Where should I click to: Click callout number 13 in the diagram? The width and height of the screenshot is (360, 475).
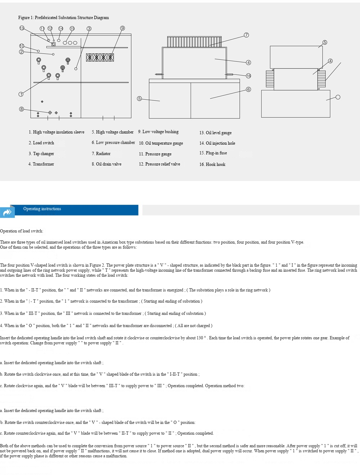pyautogui.click(x=22, y=28)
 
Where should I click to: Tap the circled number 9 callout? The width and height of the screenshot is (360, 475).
pyautogui.click(x=122, y=28)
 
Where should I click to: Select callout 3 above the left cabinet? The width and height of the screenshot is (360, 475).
pyautogui.click(x=89, y=28)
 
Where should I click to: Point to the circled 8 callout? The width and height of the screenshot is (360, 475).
pyautogui.click(x=22, y=109)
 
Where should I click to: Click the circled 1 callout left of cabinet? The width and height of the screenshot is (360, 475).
pyautogui.click(x=21, y=94)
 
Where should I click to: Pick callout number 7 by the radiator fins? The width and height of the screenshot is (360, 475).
pyautogui.click(x=246, y=35)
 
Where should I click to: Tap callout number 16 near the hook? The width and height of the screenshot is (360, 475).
pyautogui.click(x=248, y=76)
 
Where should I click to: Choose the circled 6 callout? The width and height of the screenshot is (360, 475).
pyautogui.click(x=248, y=89)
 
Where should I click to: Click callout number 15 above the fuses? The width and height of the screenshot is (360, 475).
pyautogui.click(x=72, y=28)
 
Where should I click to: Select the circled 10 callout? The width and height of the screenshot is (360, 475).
pyautogui.click(x=22, y=46)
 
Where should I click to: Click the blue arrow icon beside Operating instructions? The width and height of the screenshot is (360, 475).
pyautogui.click(x=7, y=212)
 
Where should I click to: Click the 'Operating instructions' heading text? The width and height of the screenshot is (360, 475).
pyautogui.click(x=42, y=209)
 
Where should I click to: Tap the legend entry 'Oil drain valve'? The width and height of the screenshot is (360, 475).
pyautogui.click(x=107, y=164)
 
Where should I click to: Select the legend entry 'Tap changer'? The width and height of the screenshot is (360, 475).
pyautogui.click(x=41, y=154)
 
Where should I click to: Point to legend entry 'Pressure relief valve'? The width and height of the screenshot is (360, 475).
pyautogui.click(x=159, y=164)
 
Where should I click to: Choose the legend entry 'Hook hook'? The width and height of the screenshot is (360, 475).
pyautogui.click(x=212, y=164)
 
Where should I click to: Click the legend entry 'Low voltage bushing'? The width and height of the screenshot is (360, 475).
pyautogui.click(x=158, y=132)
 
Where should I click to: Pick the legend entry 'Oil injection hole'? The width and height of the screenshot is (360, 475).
pyautogui.click(x=217, y=143)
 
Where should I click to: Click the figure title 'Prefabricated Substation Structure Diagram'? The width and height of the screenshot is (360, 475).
pyautogui.click(x=64, y=18)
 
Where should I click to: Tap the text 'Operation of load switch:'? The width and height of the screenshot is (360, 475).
pyautogui.click(x=22, y=231)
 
